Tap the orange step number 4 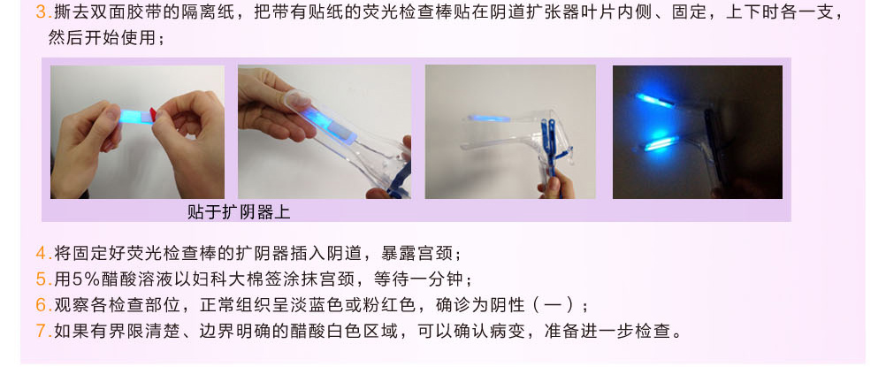click(x=41, y=253)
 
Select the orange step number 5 click(x=41, y=279)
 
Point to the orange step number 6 click(x=41, y=305)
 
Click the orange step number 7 click(x=41, y=332)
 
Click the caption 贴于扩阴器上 click(x=239, y=212)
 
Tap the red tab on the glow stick click(x=153, y=114)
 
